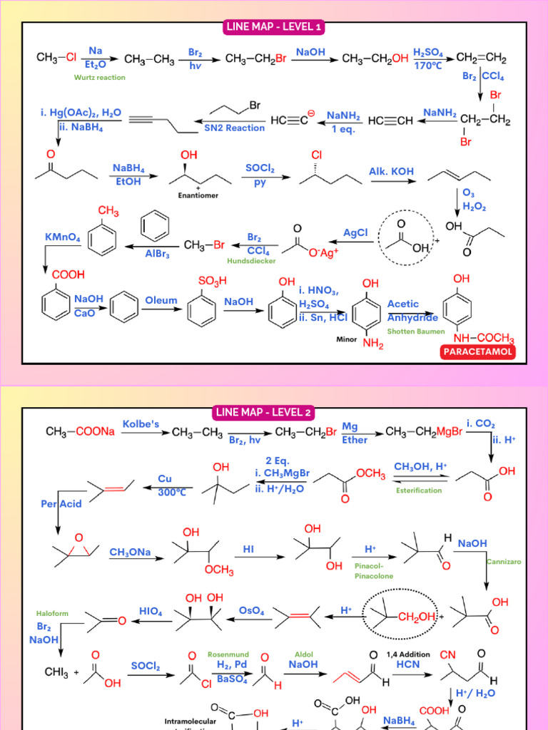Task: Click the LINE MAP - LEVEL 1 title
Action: click(275, 27)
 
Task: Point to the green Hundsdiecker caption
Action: click(251, 261)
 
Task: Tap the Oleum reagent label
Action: click(161, 300)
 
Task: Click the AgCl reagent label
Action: click(355, 232)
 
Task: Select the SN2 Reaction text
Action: click(234, 128)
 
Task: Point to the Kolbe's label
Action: click(141, 424)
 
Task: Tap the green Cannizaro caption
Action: click(504, 562)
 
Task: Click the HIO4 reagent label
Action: click(151, 611)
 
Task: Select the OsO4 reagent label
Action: click(250, 611)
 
